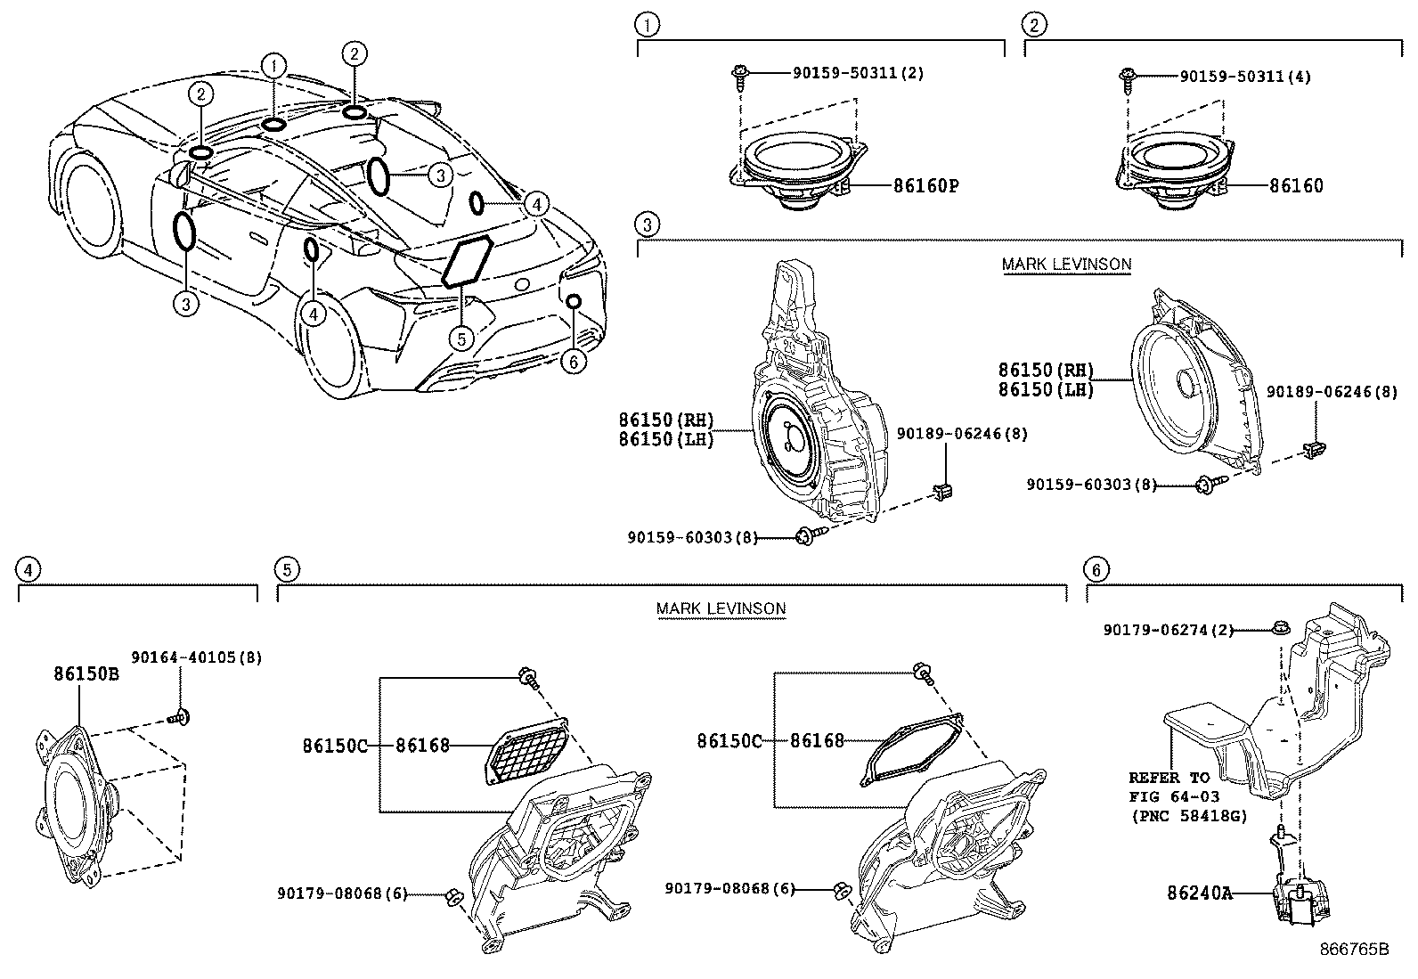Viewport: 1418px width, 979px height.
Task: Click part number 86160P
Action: [x=925, y=186]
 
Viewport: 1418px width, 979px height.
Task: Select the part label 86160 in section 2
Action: [x=1296, y=186]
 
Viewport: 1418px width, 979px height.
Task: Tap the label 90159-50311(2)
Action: [x=858, y=73]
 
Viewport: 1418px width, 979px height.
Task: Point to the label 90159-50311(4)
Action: [x=1245, y=78]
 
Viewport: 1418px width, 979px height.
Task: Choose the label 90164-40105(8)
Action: [x=196, y=657]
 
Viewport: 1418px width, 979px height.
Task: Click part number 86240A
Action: [x=1200, y=892]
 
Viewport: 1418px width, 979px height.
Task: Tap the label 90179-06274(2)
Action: [x=1169, y=630]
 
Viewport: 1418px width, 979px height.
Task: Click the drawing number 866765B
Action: [x=1354, y=949]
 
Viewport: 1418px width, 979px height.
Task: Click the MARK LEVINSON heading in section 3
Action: [x=1066, y=264]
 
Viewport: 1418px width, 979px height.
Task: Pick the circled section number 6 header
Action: [x=1096, y=569]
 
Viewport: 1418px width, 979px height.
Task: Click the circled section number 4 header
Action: [x=29, y=569]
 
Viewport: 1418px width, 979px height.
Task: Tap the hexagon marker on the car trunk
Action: [x=469, y=262]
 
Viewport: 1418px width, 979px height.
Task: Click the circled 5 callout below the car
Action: [x=460, y=339]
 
